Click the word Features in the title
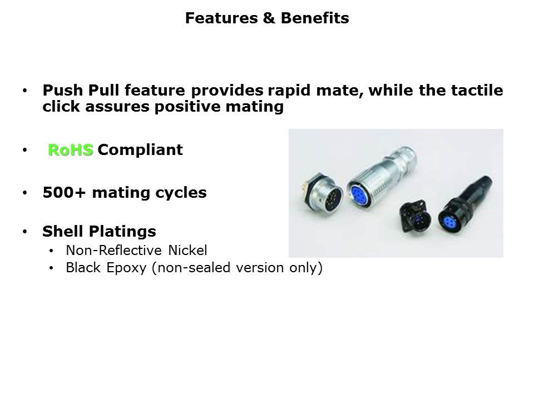coord(221,18)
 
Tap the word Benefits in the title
coord(315,18)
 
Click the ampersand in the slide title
coord(269,18)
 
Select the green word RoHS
coord(71,150)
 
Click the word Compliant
coord(140,150)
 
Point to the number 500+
coord(64,193)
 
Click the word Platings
coord(122,232)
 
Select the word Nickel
coord(187,251)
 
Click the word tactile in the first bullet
coord(477,91)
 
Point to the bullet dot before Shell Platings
coord(25,232)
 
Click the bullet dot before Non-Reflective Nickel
coord(51,251)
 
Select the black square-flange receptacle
coord(415,216)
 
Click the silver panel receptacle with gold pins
coord(323,192)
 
